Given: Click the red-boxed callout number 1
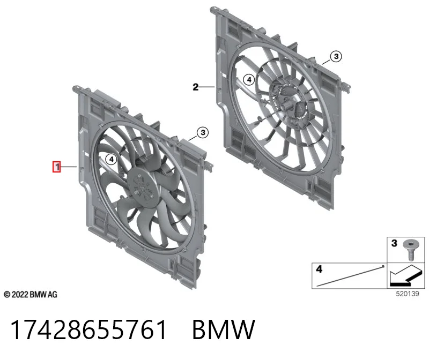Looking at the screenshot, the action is coord(57,167).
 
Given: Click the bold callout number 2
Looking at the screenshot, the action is coord(195,87).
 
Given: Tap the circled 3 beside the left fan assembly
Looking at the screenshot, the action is coord(203,132).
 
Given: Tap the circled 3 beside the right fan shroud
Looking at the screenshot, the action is coord(336,56).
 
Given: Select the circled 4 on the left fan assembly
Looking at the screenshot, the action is coord(111,159).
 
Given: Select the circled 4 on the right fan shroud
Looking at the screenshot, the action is coord(249,80).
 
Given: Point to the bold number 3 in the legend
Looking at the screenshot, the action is coord(394,243).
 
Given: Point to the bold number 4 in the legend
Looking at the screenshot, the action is coord(319,269).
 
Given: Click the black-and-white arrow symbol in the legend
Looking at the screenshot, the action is coord(404,276).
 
